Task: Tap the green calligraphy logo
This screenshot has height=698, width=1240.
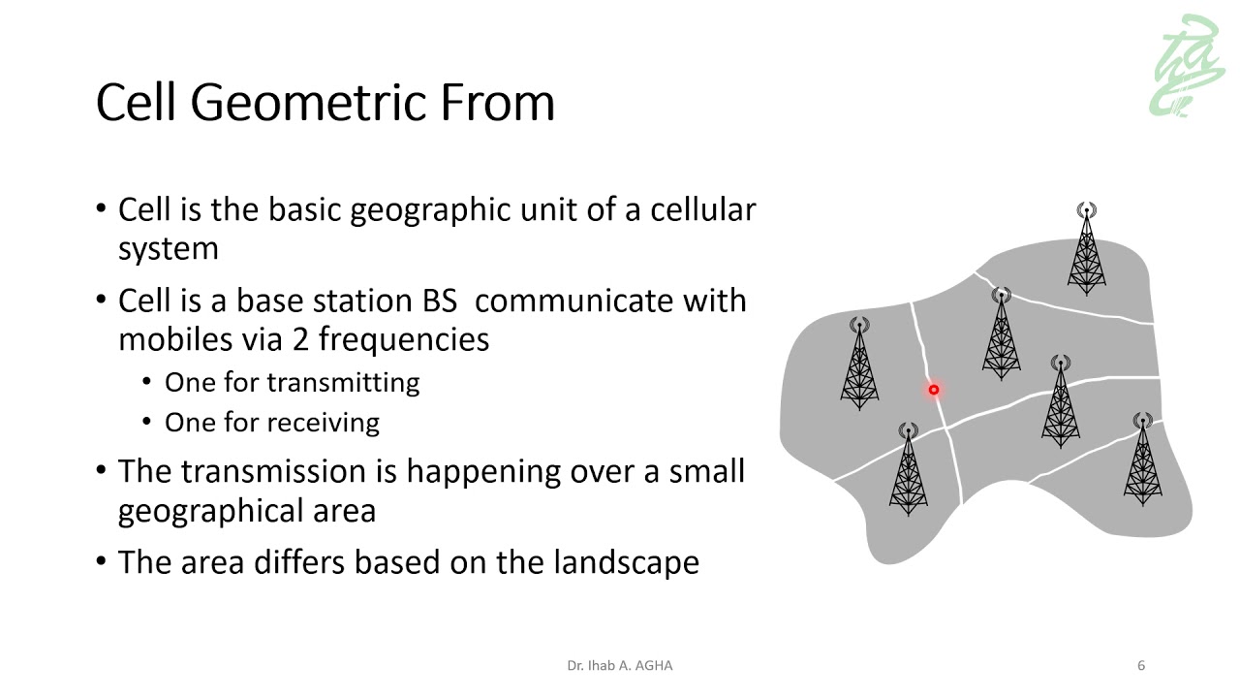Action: pyautogui.click(x=1187, y=66)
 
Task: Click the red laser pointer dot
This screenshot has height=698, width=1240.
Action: pyautogui.click(x=934, y=390)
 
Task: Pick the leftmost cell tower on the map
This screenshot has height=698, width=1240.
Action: pyautogui.click(x=859, y=364)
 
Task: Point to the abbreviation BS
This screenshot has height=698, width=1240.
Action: pyautogui.click(x=443, y=301)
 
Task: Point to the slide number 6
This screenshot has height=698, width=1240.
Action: pyautogui.click(x=1141, y=666)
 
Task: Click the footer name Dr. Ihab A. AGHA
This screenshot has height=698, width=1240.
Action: pyautogui.click(x=620, y=666)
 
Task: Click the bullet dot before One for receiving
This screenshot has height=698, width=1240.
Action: pyautogui.click(x=147, y=423)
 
